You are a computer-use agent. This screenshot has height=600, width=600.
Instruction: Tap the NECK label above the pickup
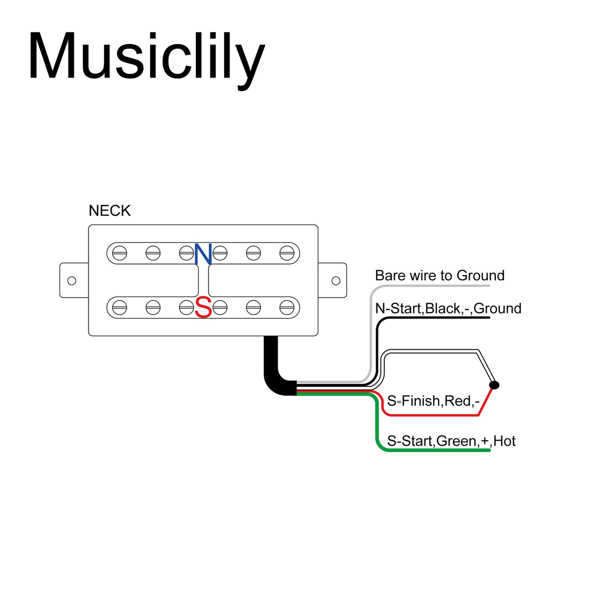point(109,210)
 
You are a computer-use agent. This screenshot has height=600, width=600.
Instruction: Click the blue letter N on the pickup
point(203,254)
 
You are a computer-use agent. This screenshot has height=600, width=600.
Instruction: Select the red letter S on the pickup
point(203,308)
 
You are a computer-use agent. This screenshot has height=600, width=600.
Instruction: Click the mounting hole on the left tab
point(71,280)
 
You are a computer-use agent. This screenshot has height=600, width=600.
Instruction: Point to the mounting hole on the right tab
point(336,280)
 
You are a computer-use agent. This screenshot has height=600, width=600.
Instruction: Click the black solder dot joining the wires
point(494,384)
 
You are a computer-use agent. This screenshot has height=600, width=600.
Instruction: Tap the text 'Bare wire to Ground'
point(439,275)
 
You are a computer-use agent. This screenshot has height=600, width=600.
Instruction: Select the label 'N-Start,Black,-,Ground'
point(448,308)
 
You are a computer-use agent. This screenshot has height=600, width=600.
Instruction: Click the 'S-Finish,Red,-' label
point(433,401)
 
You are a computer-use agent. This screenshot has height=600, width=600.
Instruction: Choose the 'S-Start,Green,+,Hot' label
point(451,441)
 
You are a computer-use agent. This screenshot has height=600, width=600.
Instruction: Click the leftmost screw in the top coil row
point(119,253)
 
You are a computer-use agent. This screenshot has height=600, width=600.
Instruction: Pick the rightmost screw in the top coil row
point(286,253)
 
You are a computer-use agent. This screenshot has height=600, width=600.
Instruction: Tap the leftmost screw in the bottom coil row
point(119,307)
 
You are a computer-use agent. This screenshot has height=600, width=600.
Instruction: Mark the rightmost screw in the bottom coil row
point(286,307)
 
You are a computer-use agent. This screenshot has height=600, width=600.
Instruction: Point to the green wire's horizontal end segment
point(435,450)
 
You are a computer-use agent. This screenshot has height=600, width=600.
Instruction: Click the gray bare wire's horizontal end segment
point(435,286)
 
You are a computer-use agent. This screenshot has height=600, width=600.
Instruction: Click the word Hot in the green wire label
point(504,441)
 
